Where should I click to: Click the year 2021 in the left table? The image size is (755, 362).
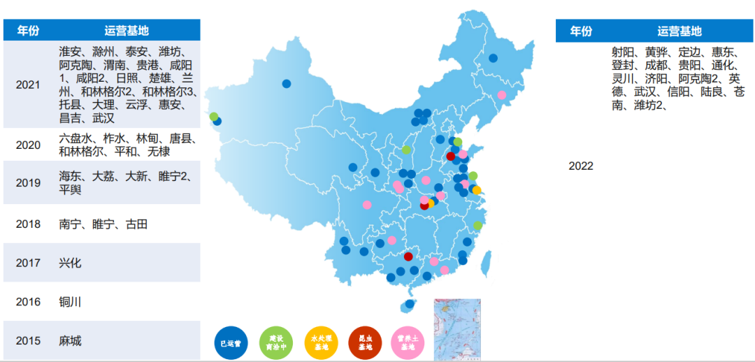point(28,85)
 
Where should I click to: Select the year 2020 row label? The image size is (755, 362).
point(28,145)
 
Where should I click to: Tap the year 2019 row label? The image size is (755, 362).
point(28,183)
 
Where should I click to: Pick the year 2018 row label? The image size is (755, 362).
point(28,224)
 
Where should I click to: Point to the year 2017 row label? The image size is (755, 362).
point(28,263)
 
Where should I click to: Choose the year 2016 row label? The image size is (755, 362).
point(28,303)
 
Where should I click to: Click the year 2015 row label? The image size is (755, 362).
point(28,341)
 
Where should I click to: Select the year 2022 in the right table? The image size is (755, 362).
point(581,166)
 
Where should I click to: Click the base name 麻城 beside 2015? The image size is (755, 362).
point(71,341)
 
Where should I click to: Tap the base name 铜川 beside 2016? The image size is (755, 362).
point(71,303)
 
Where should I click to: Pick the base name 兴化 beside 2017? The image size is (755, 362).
point(71,263)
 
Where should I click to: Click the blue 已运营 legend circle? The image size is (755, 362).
point(231,342)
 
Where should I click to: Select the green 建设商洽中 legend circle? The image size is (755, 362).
point(275,342)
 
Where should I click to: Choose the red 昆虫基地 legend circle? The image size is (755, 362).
point(366,342)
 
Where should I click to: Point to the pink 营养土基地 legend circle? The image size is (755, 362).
point(409,342)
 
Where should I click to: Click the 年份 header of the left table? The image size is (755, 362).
point(29,30)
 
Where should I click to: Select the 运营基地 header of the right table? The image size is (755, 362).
point(679,31)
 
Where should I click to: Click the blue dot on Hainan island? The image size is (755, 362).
point(410,304)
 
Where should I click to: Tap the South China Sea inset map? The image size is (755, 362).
point(457,329)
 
